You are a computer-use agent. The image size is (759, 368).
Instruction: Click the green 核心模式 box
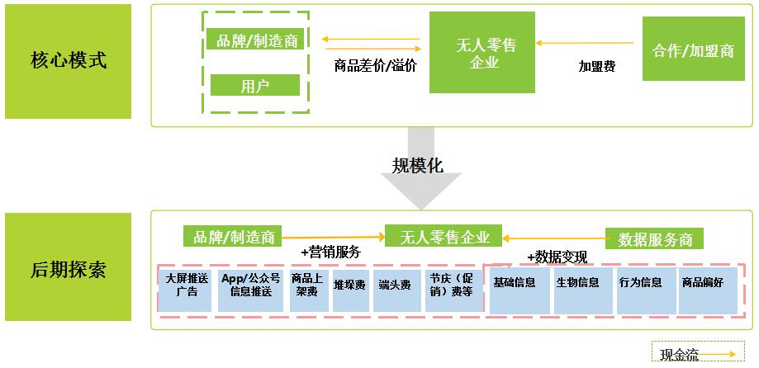pos(68,61)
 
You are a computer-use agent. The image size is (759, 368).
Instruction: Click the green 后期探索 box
pos(68,267)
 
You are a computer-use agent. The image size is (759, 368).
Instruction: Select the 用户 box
pos(255,85)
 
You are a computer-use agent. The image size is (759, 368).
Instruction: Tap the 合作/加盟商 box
pos(693,50)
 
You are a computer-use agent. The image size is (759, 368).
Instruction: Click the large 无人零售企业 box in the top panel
pos(482,52)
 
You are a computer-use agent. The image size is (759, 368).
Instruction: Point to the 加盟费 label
pos(596,67)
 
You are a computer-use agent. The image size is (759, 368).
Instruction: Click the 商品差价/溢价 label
pos(375,65)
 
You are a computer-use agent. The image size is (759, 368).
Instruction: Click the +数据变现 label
pos(557,257)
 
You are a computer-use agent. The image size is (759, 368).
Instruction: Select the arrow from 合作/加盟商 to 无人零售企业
pos(588,42)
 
